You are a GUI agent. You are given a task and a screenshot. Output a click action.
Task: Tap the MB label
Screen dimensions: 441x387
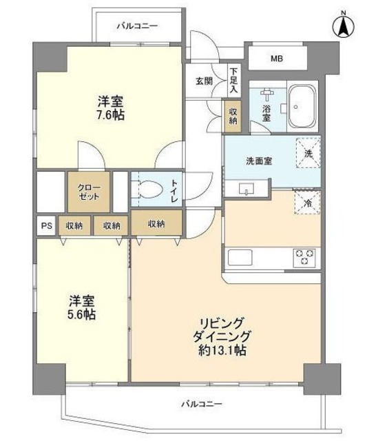276,59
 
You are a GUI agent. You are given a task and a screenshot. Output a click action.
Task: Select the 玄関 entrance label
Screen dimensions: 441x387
204,81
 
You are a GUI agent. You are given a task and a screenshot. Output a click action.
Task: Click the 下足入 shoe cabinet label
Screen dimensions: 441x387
233,81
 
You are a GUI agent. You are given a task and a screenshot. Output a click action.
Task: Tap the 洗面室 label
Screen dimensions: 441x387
259,161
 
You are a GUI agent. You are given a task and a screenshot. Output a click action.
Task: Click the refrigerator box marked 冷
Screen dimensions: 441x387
308,202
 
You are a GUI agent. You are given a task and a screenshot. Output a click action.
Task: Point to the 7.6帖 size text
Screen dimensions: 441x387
110,115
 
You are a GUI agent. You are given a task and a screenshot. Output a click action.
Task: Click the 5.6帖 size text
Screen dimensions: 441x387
81,314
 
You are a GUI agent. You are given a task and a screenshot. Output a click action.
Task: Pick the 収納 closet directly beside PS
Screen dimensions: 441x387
75,225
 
